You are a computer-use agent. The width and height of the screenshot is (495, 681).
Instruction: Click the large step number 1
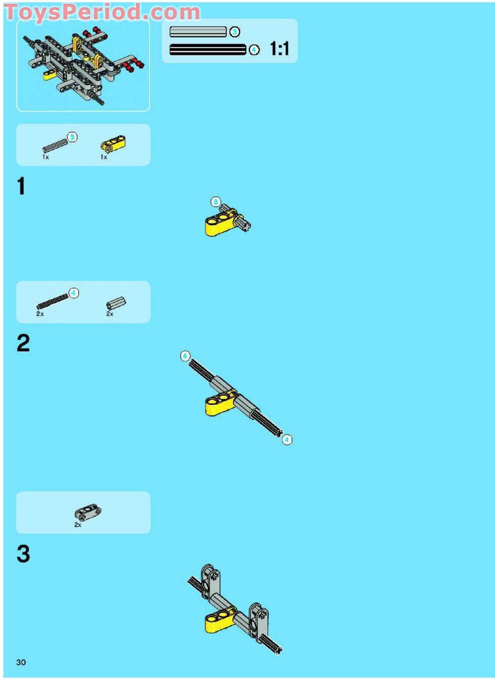point(21,186)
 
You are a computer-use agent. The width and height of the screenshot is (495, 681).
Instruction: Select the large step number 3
point(23,553)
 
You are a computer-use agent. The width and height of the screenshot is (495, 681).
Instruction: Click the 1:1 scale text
point(279,48)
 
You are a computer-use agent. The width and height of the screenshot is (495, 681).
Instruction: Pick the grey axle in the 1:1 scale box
point(198,32)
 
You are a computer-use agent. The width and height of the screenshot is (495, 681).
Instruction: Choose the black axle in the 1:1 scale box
point(207,49)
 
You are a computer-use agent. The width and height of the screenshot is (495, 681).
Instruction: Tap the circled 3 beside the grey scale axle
point(234,32)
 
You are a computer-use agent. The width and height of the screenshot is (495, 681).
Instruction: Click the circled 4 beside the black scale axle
point(254,49)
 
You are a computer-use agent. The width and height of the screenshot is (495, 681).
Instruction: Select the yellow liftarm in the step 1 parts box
point(113,143)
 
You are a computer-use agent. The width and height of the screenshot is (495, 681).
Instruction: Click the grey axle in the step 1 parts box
point(55,145)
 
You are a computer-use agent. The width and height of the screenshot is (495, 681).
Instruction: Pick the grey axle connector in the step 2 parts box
point(116,302)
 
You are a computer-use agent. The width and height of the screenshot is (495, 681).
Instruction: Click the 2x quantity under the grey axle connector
point(109,314)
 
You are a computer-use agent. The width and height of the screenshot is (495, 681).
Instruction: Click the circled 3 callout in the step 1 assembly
point(215,202)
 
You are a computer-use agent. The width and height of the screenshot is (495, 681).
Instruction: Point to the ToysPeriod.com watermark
point(102,12)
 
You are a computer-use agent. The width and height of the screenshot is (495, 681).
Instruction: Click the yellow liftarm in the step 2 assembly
point(220,402)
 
